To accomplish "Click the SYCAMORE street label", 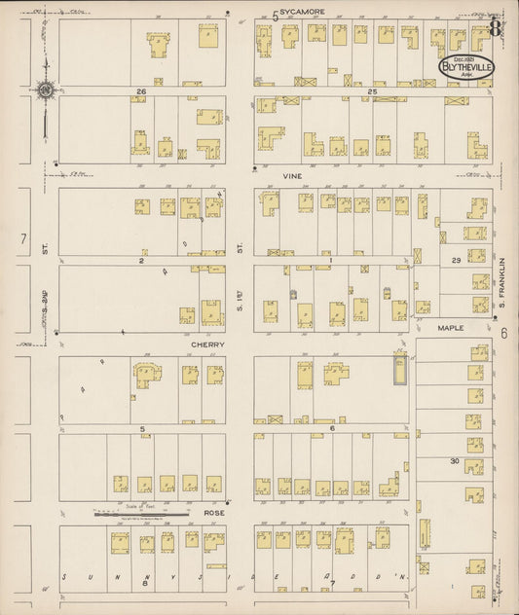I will pos(302,13).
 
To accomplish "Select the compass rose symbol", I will pos(44,91).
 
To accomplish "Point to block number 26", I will pos(141,90).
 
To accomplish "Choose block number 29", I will pos(456,261).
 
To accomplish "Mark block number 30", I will pos(454,460).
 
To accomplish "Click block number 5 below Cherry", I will pos(141,428).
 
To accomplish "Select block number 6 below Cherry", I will pos(331,428).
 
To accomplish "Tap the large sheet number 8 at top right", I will pos(496,26).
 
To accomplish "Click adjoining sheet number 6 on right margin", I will pos(504,333).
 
